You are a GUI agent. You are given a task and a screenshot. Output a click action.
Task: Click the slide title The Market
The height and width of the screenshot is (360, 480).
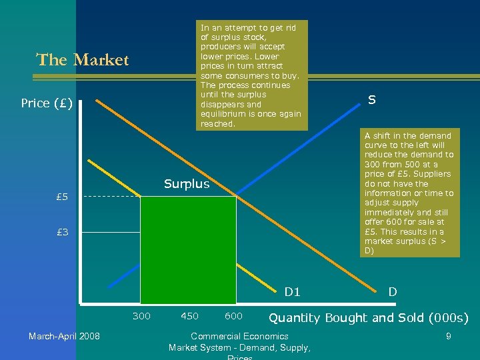coord(83,60)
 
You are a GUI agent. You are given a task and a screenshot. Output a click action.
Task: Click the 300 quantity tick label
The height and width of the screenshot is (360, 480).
coord(141,316)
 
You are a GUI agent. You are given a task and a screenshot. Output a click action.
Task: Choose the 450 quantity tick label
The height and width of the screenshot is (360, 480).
coord(189,316)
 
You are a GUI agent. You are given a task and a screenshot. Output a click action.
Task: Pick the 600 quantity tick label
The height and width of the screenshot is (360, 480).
coord(233,316)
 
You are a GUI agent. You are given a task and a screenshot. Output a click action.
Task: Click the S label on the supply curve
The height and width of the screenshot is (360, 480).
coord(371,100)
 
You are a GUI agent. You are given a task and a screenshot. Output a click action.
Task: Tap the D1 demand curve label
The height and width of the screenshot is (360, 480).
coord(293,291)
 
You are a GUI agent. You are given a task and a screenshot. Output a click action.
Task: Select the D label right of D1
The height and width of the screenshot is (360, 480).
coord(393,291)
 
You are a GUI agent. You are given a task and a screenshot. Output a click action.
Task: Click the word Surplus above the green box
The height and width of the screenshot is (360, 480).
coord(187,184)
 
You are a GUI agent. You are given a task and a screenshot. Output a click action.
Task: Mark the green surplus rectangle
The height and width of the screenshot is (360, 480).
coord(188,250)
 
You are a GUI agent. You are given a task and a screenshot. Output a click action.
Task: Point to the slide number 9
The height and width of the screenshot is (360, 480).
coord(448,336)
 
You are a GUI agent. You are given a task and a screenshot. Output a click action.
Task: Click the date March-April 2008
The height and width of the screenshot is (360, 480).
coord(64,336)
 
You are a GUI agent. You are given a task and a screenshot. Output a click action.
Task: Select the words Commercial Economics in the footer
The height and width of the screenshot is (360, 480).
coord(239,336)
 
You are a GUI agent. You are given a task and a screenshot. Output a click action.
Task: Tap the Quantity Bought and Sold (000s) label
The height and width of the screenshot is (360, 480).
coord(368,317)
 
